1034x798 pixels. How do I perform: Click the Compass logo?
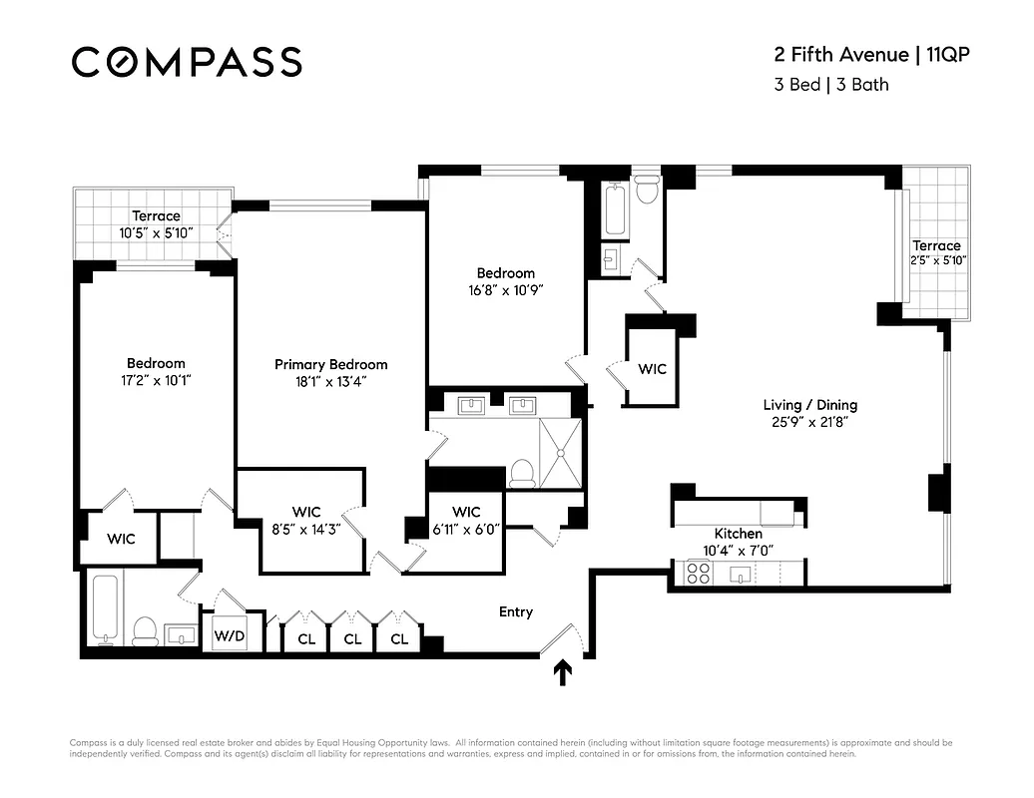[187, 62]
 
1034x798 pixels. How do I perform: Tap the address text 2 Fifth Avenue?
[836, 54]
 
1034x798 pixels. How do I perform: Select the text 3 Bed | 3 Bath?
[830, 85]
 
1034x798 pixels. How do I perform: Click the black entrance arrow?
[564, 673]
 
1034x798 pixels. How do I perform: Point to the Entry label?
[516, 611]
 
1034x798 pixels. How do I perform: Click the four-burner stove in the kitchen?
[697, 574]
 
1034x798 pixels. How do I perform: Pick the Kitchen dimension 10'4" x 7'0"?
[738, 550]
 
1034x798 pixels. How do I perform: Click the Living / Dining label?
[809, 405]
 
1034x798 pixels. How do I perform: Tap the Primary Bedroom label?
[330, 364]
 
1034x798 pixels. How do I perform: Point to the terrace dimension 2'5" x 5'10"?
[937, 261]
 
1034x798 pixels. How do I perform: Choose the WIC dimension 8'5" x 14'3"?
[306, 530]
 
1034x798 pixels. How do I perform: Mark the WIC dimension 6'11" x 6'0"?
[466, 530]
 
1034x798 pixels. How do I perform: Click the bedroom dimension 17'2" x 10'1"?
[155, 379]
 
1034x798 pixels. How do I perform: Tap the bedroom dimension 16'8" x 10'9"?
[505, 290]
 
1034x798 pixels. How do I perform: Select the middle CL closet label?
[352, 638]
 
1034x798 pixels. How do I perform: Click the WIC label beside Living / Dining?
[652, 369]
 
